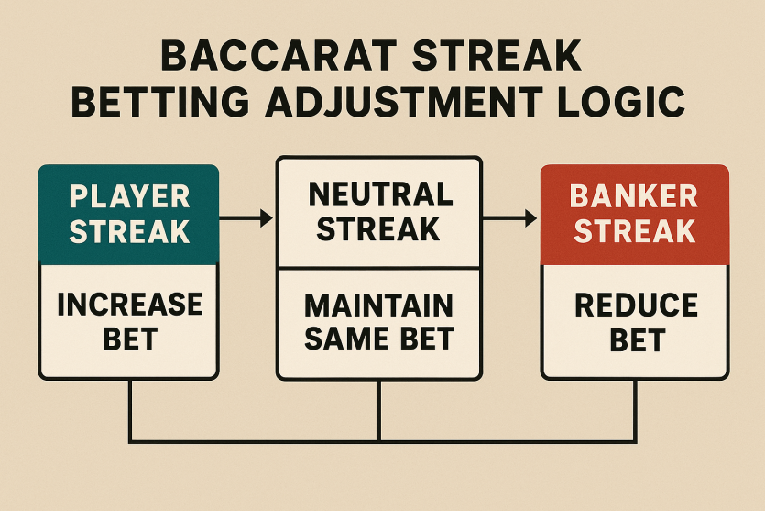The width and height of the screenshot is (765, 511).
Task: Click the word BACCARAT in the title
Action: pos(279,56)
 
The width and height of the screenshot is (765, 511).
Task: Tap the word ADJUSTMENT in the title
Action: pos(403,102)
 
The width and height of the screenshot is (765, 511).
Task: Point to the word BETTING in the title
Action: pos(161,102)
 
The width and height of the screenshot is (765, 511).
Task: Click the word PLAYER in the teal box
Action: pos(129,197)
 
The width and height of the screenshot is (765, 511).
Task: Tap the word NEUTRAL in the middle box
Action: pos(381,194)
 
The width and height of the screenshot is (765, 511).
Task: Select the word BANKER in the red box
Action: pos(634,196)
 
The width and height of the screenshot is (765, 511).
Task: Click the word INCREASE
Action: pos(130,305)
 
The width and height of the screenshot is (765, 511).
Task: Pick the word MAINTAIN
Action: pos(379,305)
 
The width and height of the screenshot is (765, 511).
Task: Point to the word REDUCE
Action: pos(637,305)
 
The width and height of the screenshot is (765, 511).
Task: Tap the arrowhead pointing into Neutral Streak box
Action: pos(267,217)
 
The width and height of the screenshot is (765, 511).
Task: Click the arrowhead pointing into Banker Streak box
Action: pos(530,217)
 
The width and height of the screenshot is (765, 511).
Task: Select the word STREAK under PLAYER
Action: pos(129,231)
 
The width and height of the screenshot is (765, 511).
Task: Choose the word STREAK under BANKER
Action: pos(634,231)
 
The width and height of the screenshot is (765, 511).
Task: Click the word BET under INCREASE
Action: pos(130,339)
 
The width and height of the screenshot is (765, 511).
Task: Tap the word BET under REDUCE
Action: pos(638,340)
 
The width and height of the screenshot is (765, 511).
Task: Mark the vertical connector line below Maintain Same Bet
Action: pos(379,411)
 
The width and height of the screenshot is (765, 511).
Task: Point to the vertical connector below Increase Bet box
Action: pos(130,411)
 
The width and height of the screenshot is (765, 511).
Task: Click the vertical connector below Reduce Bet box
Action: pos(635,411)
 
